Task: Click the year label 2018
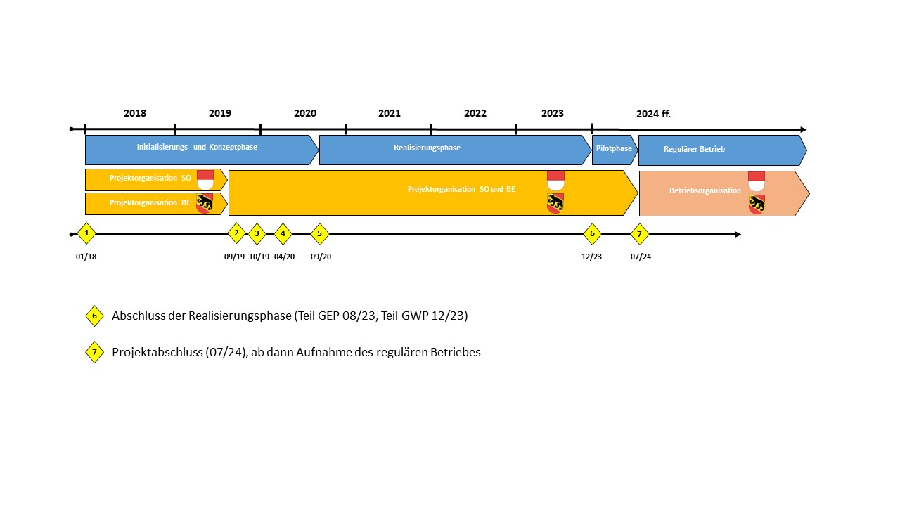134,113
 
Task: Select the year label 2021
389,113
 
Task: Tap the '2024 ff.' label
653,114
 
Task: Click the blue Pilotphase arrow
615,150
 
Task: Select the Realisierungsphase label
427,148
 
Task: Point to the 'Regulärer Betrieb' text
694,149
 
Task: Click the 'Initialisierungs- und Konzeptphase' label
197,147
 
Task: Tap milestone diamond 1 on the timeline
86,233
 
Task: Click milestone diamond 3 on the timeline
257,234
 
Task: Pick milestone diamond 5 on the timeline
319,234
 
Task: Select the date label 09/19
234,257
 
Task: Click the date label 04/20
284,257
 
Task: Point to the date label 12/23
591,257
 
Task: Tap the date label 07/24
641,257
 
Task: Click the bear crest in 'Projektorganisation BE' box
205,203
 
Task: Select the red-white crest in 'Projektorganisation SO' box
205,179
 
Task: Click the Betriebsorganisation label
705,190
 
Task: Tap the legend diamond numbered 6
94,316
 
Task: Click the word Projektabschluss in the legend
157,352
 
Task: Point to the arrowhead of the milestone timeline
738,235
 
